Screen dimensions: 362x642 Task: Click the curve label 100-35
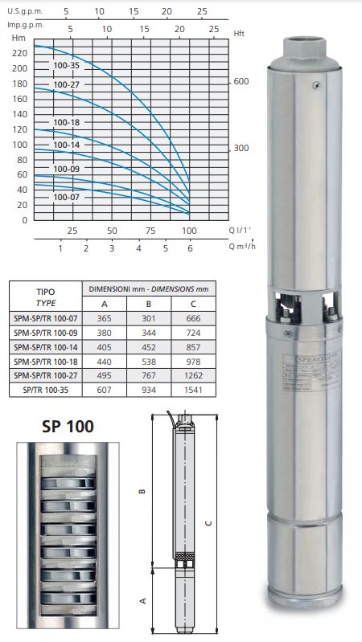pyautogui.click(x=67, y=66)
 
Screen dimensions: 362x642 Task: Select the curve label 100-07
pyautogui.click(x=67, y=197)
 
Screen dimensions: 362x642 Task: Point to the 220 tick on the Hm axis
pyautogui.click(x=20, y=53)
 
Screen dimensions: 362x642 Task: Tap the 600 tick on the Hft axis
pyautogui.click(x=241, y=81)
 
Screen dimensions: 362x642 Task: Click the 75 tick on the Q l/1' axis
pyautogui.click(x=150, y=231)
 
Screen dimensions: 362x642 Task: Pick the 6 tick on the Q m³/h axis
pyautogui.click(x=190, y=248)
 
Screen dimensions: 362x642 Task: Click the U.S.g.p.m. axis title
pyautogui.click(x=26, y=11)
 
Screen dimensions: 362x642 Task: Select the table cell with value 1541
pyautogui.click(x=193, y=390)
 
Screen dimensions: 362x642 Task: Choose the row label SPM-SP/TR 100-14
pyautogui.click(x=46, y=347)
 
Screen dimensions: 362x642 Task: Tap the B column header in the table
pyautogui.click(x=148, y=304)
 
